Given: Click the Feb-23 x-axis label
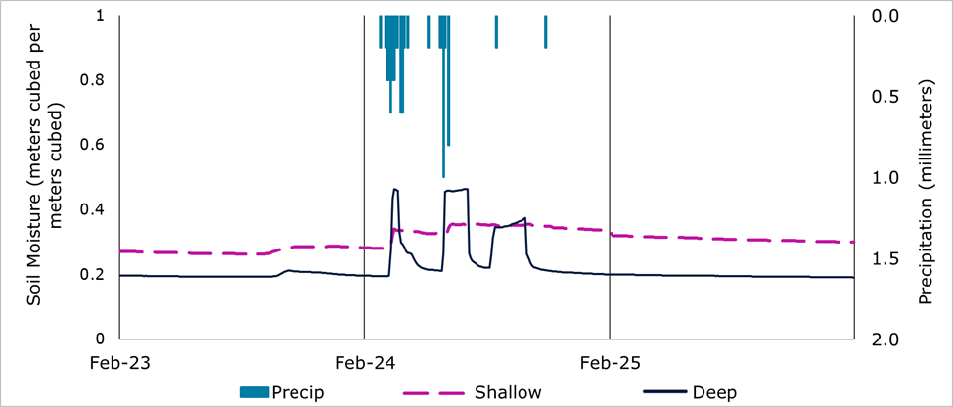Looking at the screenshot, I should pyautogui.click(x=119, y=363).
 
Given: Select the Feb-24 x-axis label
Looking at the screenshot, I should pyautogui.click(x=364, y=363).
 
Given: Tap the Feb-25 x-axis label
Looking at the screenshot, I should pyautogui.click(x=610, y=363).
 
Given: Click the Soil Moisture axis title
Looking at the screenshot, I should pyautogui.click(x=44, y=176).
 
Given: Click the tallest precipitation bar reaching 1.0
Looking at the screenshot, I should pyautogui.click(x=443, y=98).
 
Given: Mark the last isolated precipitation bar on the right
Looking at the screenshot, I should pyautogui.click(x=545, y=32).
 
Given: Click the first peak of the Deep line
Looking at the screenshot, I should pyautogui.click(x=395, y=189).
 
